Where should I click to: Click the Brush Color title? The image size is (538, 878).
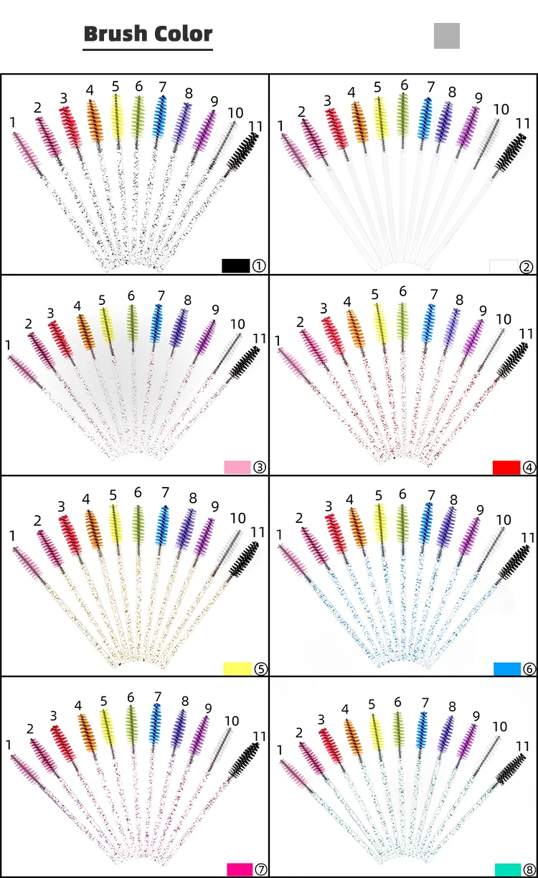[148, 34]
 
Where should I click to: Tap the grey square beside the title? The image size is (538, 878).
[446, 36]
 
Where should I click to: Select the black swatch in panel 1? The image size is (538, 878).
[235, 265]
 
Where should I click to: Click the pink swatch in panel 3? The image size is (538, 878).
[237, 467]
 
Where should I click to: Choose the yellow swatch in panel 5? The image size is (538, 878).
[237, 669]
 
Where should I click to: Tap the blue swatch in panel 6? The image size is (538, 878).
[506, 669]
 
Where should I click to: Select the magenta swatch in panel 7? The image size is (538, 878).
[240, 869]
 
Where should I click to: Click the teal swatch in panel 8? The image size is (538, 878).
[508, 869]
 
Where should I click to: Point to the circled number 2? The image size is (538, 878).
[527, 267]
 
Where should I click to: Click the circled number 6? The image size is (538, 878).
[529, 669]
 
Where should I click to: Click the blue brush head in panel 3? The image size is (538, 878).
[157, 323]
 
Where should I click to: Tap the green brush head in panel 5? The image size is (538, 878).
[138, 524]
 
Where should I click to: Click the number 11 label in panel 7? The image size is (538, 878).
[259, 737]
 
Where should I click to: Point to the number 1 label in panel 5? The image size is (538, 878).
[12, 535]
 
